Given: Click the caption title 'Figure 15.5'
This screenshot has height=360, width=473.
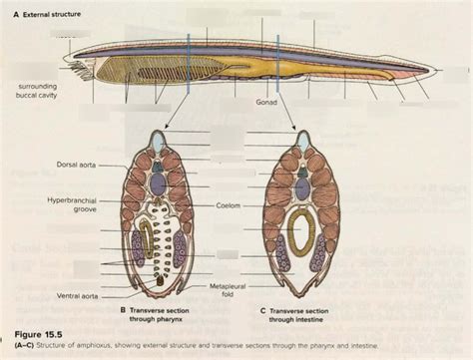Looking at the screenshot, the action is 36,330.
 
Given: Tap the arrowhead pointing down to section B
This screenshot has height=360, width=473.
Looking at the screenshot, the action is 166,128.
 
